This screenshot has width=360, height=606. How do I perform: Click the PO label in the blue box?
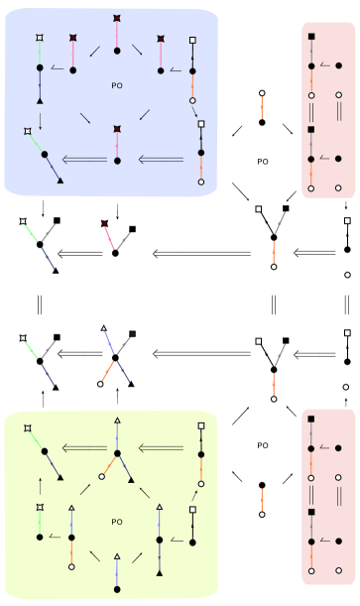pos(116,86)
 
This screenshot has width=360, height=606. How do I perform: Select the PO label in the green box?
pos(116,522)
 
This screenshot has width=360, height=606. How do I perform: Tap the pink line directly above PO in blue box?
pos(117,37)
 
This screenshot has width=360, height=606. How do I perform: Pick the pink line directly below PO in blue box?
pos(117,145)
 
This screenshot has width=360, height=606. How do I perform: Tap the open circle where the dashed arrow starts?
pos(191,101)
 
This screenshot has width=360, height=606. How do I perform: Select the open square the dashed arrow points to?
pos(201,124)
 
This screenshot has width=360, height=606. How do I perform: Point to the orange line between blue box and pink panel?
pos(262,107)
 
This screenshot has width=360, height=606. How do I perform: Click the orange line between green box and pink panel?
pos(262,499)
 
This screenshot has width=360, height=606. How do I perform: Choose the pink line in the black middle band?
pos(108,236)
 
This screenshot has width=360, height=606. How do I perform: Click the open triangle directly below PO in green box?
pos(117,557)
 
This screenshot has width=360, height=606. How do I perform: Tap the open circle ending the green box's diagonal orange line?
pos(101,477)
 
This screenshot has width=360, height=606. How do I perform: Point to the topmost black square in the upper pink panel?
pos(311,37)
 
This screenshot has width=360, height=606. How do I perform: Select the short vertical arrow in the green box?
pos(40,485)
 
